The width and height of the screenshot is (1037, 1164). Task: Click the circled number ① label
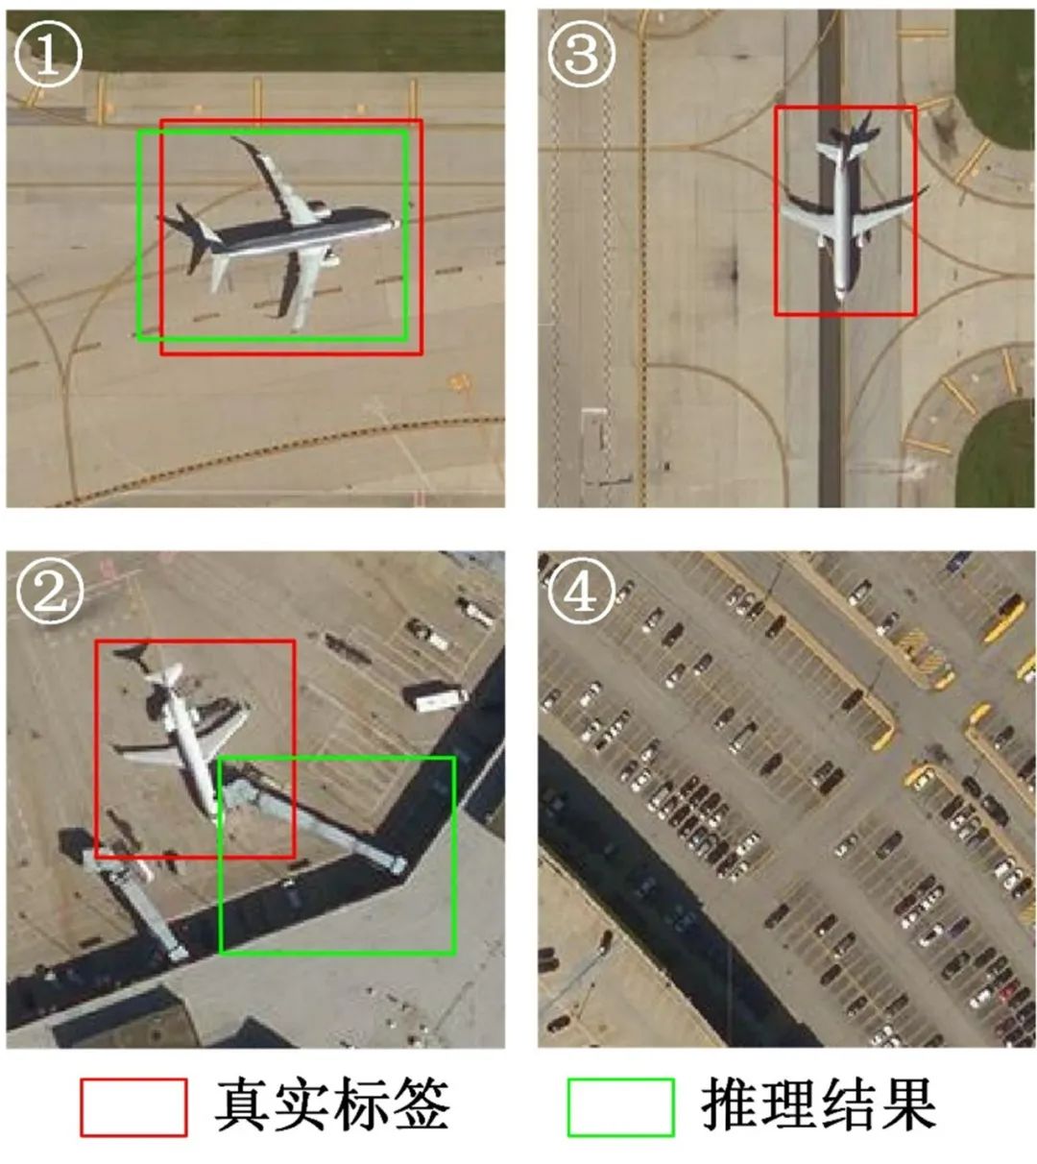pyautogui.click(x=48, y=54)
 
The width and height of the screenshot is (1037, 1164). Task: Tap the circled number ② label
pyautogui.click(x=48, y=592)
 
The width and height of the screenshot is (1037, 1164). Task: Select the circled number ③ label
pyautogui.click(x=581, y=54)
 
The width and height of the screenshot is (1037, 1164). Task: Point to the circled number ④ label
pyautogui.click(x=581, y=592)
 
